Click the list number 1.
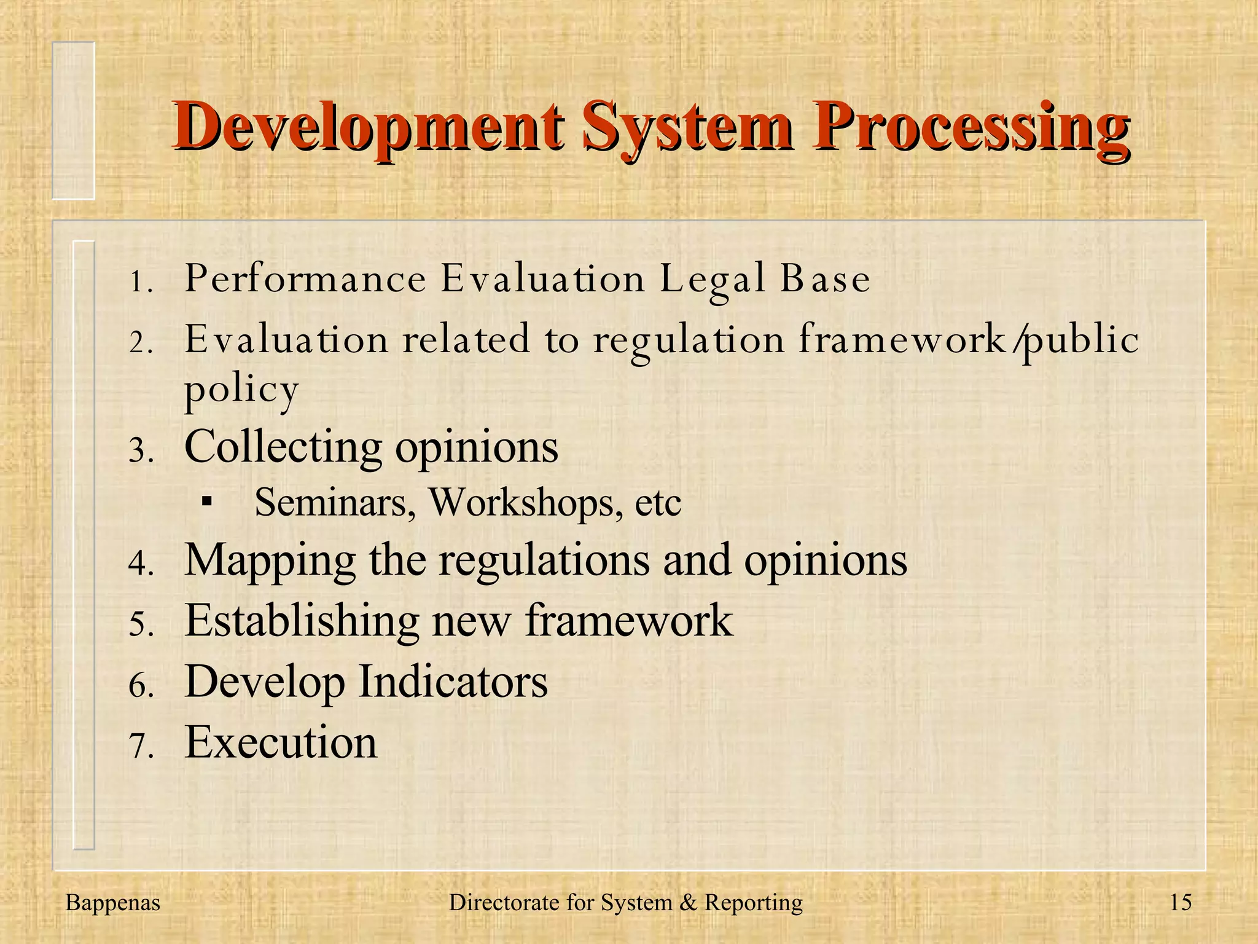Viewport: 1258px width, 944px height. point(140,283)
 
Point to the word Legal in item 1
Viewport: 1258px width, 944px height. point(713,280)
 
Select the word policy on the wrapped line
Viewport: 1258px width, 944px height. point(241,390)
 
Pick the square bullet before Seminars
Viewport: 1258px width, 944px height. point(207,503)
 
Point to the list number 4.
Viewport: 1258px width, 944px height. point(140,563)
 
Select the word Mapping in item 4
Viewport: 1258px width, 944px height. point(270,560)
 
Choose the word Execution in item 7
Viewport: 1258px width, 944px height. point(281,742)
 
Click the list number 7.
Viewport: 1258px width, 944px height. point(140,746)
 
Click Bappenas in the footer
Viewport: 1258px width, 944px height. point(112,903)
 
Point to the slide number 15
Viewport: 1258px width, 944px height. point(1181,903)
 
